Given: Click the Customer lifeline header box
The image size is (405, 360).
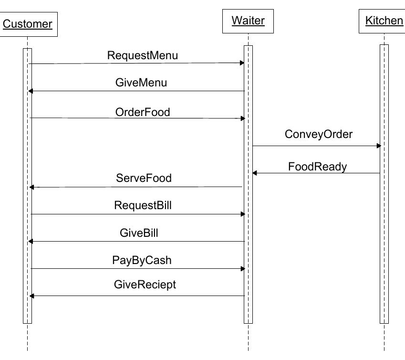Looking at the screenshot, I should (x=28, y=24).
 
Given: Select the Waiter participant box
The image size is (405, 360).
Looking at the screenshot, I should (x=248, y=21).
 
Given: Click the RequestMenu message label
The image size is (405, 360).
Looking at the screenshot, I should (x=142, y=55).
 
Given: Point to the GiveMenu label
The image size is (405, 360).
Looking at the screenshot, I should (x=141, y=83).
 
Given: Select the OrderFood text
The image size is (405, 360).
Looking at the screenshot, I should (x=143, y=112).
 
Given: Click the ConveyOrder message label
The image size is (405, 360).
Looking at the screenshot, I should (x=319, y=134).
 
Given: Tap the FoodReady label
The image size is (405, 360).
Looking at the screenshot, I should (x=317, y=167).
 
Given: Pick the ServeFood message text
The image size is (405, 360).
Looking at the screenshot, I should (x=144, y=178).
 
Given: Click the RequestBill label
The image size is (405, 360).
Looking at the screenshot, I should (x=143, y=206).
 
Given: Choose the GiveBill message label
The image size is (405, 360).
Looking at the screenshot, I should (x=139, y=233).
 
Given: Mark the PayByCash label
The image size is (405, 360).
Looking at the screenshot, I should (x=142, y=260).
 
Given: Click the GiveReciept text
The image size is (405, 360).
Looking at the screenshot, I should (x=145, y=285).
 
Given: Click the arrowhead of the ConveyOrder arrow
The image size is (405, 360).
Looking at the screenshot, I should (x=379, y=146).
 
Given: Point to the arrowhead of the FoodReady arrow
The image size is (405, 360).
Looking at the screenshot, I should (x=255, y=173).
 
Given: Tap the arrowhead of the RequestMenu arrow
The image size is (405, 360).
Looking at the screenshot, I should (x=242, y=63).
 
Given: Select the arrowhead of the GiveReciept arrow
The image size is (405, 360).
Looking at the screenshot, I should (x=31, y=296).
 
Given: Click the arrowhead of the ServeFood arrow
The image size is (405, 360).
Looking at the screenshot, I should (x=31, y=187).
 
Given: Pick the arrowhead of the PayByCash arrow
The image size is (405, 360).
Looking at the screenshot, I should (x=242, y=269).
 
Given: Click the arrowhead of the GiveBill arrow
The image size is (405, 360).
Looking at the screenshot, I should (x=31, y=242).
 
